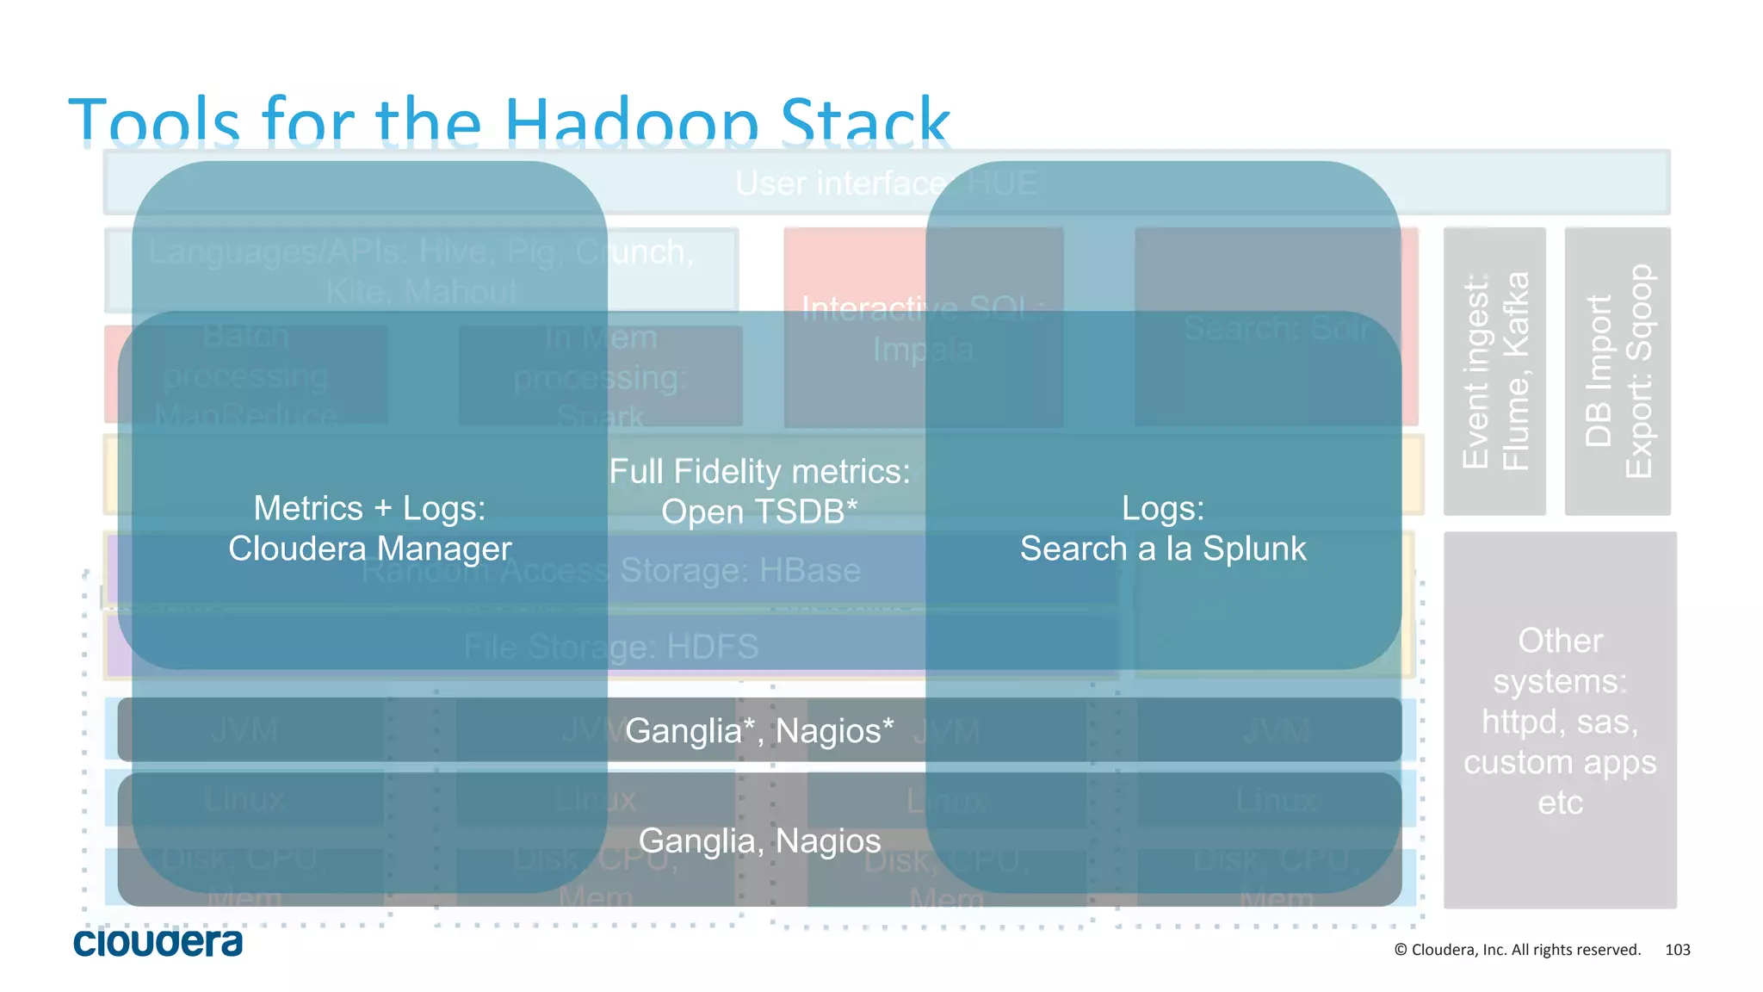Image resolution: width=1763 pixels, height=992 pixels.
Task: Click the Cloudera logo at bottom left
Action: point(158,942)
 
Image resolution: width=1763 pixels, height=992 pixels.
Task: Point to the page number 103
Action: point(1677,950)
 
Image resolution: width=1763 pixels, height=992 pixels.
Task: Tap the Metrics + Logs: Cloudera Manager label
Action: point(369,528)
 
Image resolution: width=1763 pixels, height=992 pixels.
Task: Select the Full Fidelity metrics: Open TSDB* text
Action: point(759,492)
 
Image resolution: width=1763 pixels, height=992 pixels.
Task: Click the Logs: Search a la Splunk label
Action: point(1162,528)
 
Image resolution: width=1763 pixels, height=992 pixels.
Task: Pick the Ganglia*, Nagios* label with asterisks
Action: point(759,730)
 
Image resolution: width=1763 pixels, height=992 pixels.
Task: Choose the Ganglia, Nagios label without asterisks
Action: point(759,840)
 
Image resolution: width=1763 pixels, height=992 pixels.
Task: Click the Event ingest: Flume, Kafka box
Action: point(1494,371)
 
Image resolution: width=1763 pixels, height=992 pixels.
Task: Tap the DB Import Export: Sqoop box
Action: point(1618,371)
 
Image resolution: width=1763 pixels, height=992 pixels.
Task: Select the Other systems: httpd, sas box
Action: point(1560,721)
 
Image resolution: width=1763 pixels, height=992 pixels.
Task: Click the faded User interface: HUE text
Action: point(887,183)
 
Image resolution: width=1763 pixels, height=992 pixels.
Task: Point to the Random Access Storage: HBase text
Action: point(611,571)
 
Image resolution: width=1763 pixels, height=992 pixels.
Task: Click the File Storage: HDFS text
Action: point(611,647)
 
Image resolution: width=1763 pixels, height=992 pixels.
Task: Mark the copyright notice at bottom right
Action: point(1517,950)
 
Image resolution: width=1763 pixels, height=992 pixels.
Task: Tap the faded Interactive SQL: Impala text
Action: point(923,329)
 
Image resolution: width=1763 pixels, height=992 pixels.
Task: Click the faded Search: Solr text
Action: point(1276,328)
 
